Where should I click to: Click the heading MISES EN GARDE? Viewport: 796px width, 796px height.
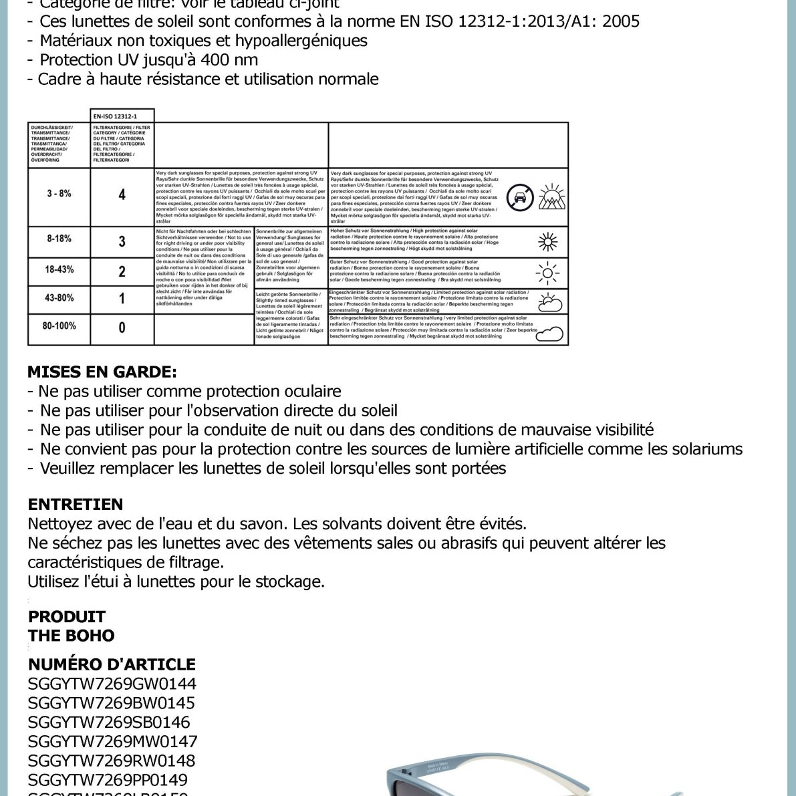(x=102, y=372)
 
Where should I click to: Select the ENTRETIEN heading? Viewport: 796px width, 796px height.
(x=76, y=505)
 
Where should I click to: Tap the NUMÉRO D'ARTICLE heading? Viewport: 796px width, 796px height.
(x=112, y=664)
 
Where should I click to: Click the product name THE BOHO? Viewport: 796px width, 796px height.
(x=72, y=636)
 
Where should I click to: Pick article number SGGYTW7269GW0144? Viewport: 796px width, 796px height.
(x=112, y=684)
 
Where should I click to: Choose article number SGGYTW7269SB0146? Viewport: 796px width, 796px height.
(x=109, y=722)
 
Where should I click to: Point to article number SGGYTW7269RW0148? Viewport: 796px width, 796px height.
(x=112, y=761)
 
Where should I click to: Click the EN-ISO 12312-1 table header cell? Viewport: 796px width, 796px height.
(x=122, y=116)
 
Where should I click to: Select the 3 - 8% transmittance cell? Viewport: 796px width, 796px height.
(x=59, y=194)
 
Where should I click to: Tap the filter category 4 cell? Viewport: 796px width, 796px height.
(x=122, y=195)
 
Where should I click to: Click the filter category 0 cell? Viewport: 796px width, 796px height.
(x=122, y=327)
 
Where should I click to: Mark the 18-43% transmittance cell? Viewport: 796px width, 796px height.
(x=59, y=270)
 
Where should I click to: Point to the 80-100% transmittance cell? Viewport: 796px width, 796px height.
(x=59, y=326)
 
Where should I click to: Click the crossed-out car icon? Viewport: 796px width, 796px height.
(x=520, y=198)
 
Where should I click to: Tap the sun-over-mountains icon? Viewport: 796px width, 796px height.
(x=551, y=196)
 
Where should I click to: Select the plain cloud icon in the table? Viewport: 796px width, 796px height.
(x=549, y=332)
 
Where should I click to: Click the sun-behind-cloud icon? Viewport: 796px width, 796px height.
(x=549, y=302)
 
